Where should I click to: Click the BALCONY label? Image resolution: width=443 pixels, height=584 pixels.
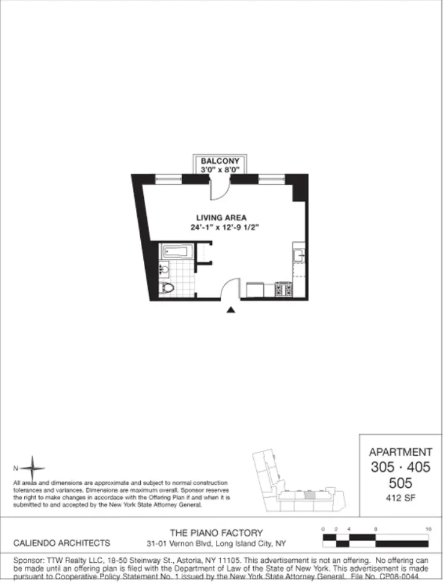(x=220, y=161)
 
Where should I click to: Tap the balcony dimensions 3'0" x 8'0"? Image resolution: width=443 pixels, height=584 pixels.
(x=220, y=169)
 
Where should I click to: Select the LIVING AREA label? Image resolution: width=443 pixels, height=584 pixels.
(x=221, y=218)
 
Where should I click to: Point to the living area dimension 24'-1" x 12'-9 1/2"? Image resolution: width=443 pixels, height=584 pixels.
(x=224, y=228)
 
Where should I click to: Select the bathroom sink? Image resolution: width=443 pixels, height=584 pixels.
(x=164, y=270)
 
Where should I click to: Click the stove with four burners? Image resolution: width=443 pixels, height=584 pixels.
(x=284, y=290)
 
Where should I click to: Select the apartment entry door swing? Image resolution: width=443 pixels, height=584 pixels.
(x=230, y=288)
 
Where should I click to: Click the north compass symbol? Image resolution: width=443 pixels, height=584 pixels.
(x=35, y=468)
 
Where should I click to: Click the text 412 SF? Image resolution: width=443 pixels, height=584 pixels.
(x=400, y=497)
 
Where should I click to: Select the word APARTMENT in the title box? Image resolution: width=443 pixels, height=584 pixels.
(x=400, y=452)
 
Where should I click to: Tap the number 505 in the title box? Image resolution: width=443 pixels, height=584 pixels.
(x=400, y=483)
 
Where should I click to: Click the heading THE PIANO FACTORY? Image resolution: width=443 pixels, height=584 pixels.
(x=216, y=533)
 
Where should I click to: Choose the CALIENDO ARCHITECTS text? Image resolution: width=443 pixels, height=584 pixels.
(x=62, y=542)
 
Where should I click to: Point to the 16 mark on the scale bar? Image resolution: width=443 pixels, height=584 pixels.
(x=428, y=528)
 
